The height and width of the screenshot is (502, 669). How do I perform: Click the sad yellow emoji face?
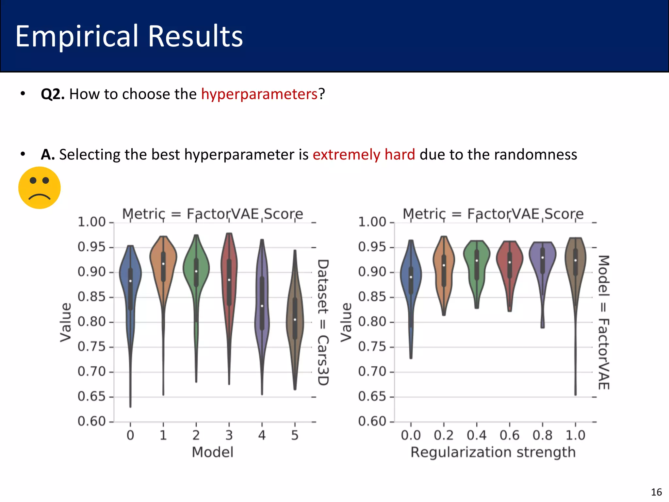coord(39,188)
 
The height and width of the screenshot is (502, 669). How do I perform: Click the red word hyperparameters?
coord(259,94)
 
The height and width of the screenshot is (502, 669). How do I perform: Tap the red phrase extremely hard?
coord(364,155)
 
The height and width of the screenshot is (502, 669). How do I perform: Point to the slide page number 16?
coord(656,492)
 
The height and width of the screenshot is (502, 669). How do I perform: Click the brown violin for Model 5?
coord(295,320)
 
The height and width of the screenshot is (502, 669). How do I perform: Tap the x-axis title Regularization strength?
coord(493,453)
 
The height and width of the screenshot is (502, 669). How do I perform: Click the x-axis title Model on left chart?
coord(212,453)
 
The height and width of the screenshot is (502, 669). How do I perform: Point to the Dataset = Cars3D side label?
coord(323,322)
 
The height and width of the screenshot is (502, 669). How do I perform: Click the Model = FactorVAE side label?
coord(603,322)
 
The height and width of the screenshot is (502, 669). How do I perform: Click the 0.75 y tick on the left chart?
coord(91,347)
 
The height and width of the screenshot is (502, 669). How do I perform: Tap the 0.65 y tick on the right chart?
coord(372,397)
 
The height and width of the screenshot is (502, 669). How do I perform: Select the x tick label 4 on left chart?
coord(262,435)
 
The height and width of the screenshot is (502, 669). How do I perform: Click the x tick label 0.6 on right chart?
coord(509,435)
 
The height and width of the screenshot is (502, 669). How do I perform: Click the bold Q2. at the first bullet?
coord(53,94)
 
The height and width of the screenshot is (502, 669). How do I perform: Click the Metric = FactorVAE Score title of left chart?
coord(212,214)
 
